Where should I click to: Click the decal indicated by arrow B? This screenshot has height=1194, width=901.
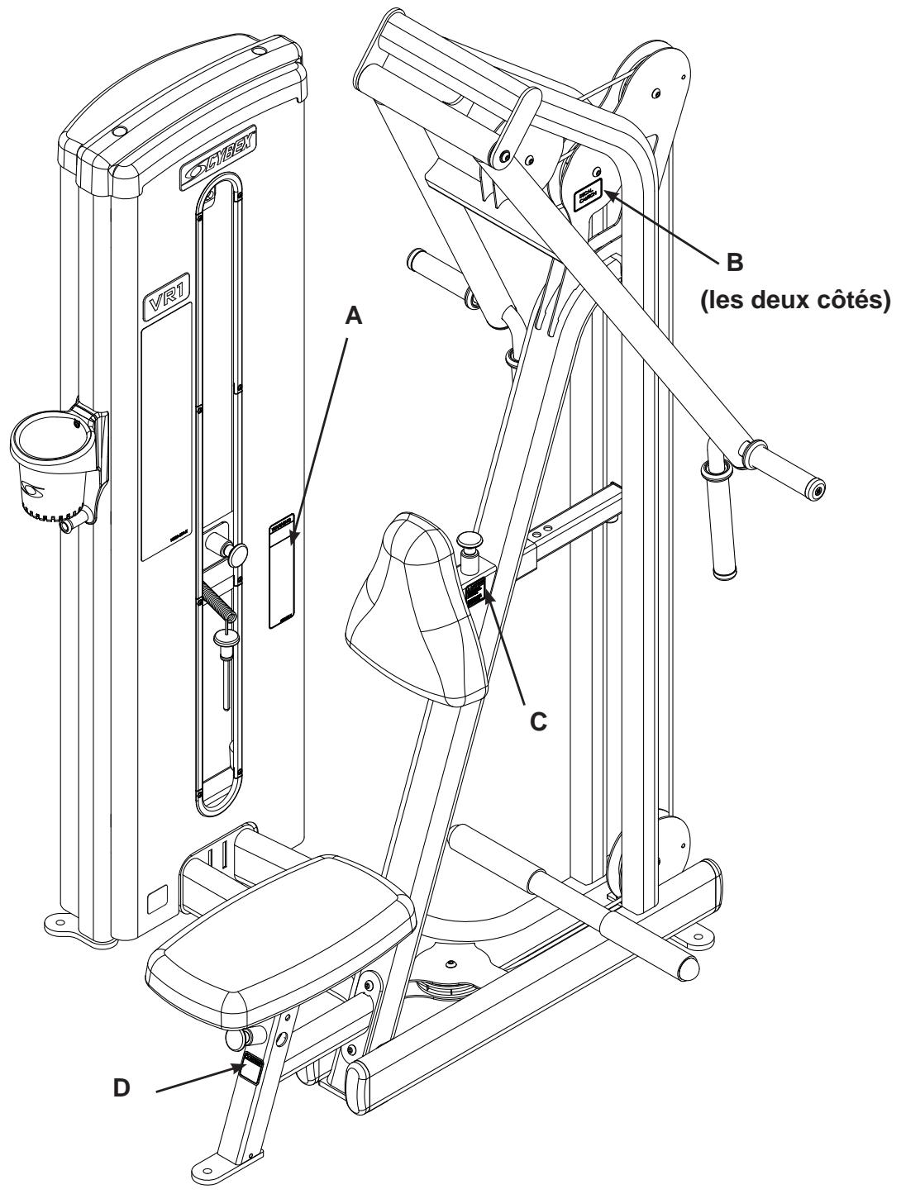[589, 197]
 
